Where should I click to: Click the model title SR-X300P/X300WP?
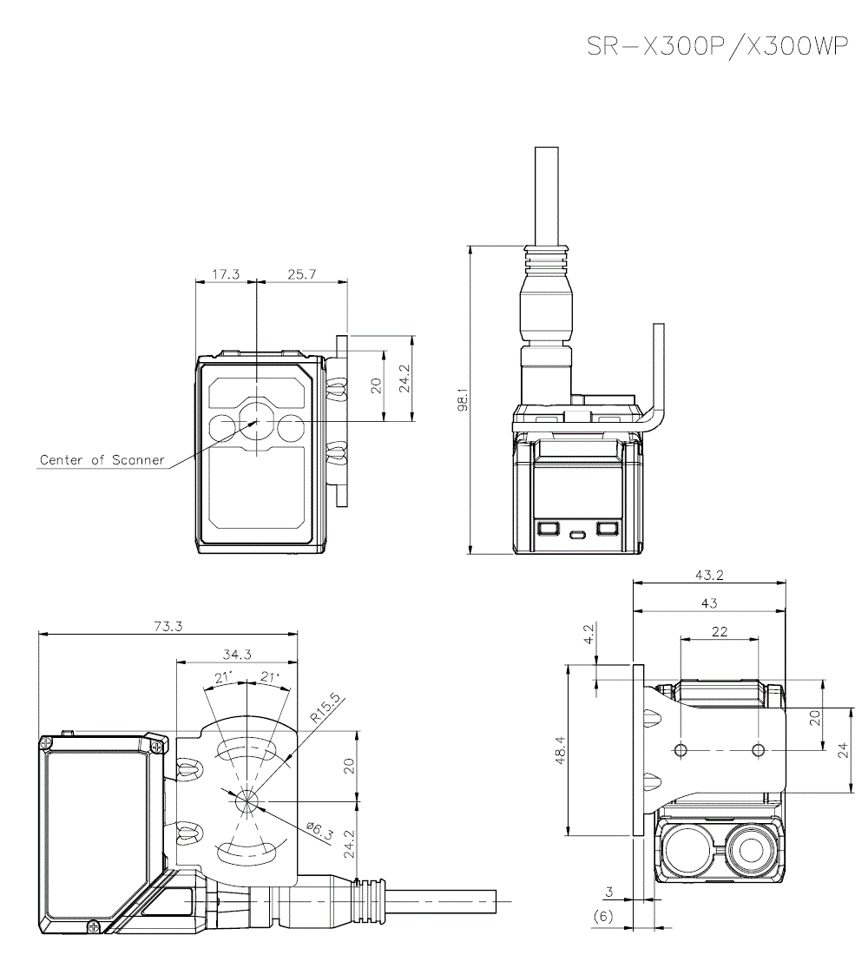point(717,47)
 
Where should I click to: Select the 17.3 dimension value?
point(226,273)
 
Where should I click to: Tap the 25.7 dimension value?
point(301,273)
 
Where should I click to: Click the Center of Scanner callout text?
point(102,459)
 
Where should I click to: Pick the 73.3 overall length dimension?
point(169,626)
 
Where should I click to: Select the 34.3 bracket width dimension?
point(236,654)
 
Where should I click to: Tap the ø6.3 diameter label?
point(320,831)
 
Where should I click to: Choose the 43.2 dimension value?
point(710,575)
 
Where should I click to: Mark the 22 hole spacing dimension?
point(720,632)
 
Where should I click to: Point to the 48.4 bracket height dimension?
point(560,750)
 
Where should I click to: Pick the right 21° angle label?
point(270,677)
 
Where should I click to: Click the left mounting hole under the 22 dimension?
point(681,749)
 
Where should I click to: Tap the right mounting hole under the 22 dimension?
point(759,749)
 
